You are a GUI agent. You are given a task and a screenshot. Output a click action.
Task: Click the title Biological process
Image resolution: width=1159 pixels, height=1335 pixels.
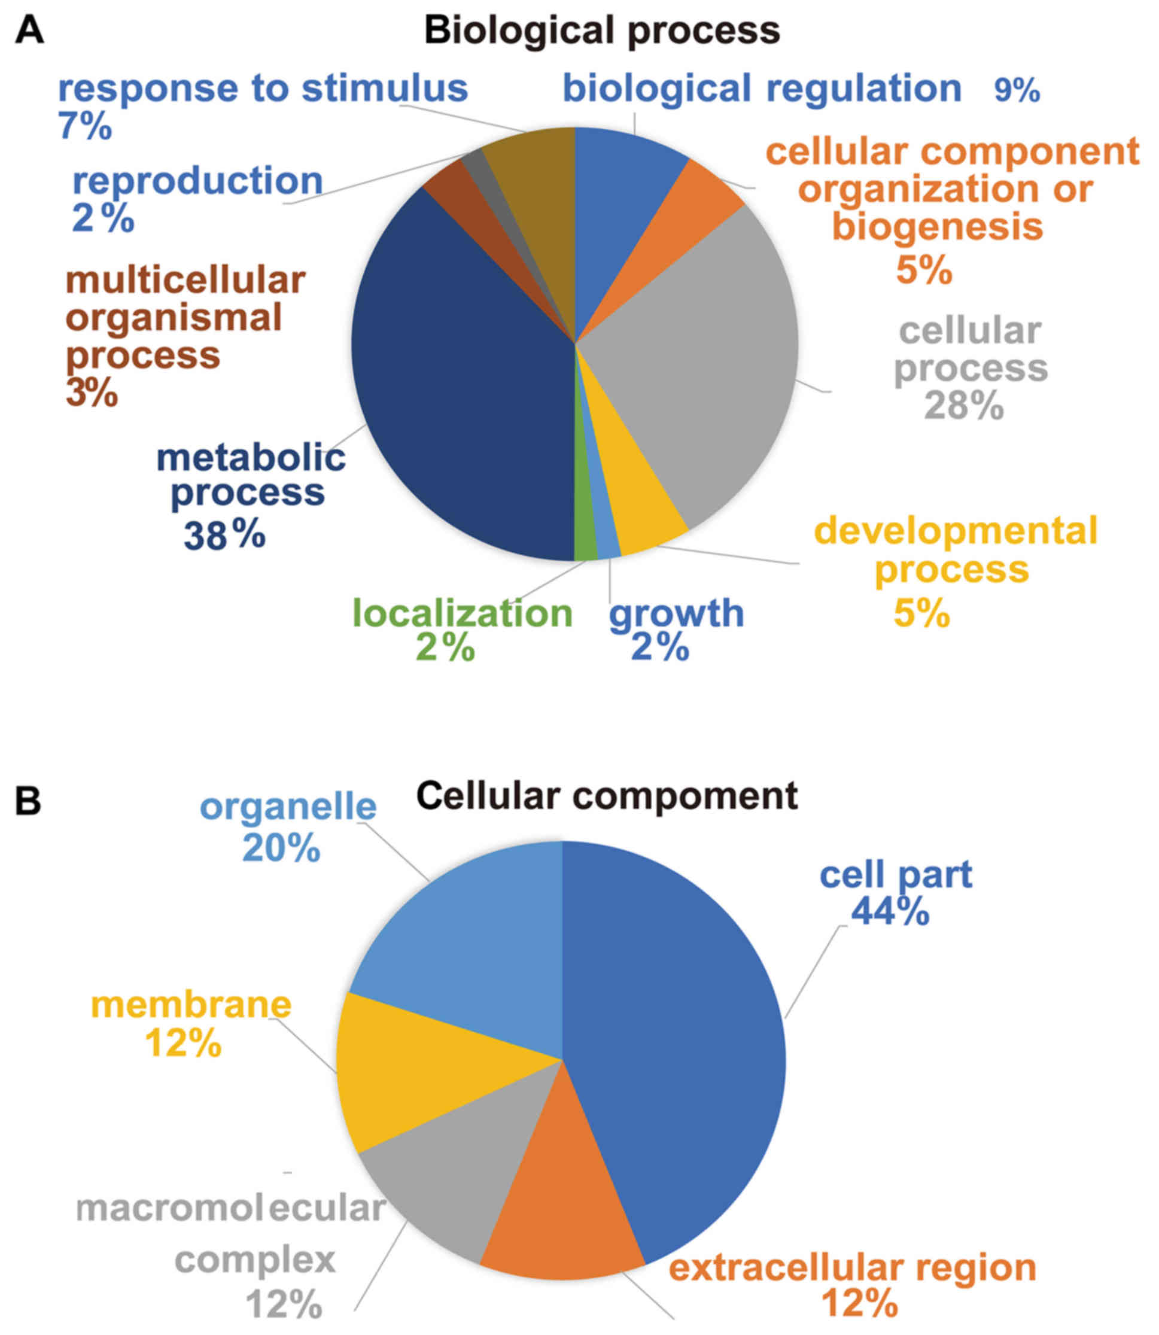[x=602, y=31]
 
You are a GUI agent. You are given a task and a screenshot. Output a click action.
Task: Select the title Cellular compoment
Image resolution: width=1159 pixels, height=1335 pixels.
[x=606, y=796]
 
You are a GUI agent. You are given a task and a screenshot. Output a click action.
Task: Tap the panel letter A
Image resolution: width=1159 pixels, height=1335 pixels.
[x=29, y=31]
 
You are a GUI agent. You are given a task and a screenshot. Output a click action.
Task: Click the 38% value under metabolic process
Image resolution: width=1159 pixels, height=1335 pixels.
[x=224, y=536]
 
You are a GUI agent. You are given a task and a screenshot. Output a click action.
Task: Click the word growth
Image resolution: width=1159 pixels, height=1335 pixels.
[x=677, y=613]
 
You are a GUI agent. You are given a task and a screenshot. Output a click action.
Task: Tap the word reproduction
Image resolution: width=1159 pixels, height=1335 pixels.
[x=197, y=181]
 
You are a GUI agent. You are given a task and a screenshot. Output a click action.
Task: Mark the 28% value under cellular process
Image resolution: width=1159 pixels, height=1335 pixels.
[x=964, y=406]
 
